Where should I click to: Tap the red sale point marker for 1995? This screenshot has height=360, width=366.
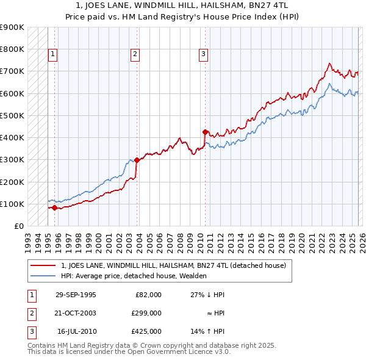click(54, 207)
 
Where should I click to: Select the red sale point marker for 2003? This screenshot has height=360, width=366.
click(137, 160)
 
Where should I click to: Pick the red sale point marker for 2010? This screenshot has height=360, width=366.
click(205, 131)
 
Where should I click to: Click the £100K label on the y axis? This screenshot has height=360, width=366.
click(12, 204)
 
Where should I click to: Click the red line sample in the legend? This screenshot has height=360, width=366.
click(43, 265)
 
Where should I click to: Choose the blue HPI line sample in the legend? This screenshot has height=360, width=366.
click(43, 276)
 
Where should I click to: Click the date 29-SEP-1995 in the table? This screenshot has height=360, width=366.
click(76, 295)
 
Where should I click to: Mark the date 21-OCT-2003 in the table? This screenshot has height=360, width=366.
click(76, 313)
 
